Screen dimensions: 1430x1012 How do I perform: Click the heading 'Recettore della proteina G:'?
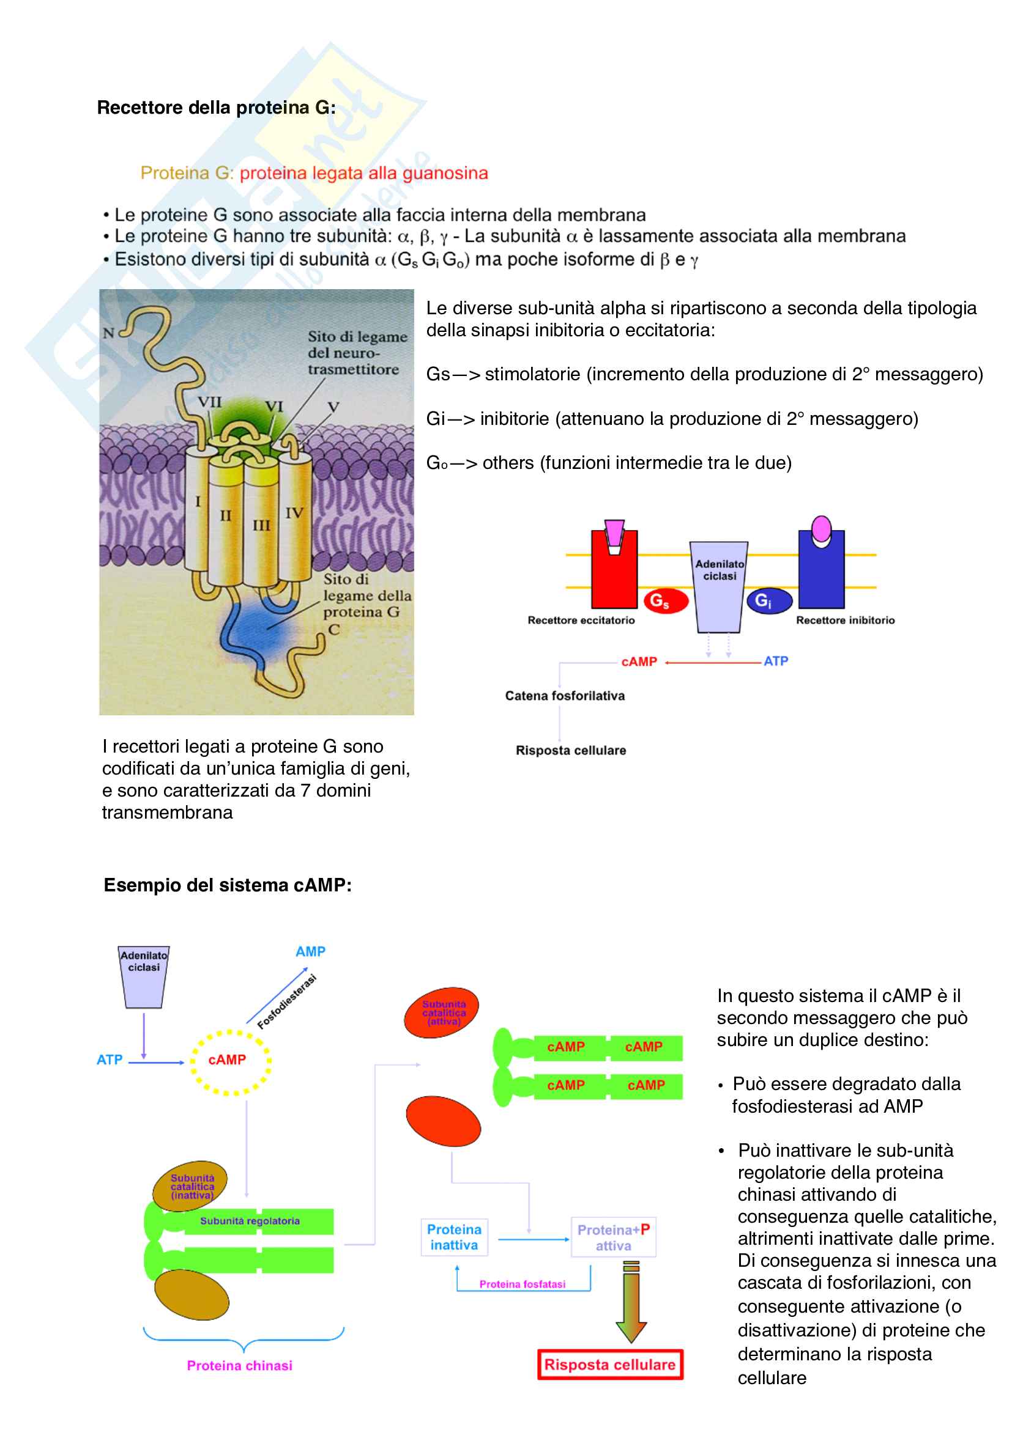[x=215, y=108]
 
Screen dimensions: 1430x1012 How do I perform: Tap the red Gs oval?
[x=666, y=601]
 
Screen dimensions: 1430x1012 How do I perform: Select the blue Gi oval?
[x=769, y=601]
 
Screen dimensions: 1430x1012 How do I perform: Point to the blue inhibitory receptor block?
[x=820, y=573]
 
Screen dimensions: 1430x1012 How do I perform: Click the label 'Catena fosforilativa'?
[x=565, y=696]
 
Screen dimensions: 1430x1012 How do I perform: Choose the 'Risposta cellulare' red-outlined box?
[x=610, y=1365]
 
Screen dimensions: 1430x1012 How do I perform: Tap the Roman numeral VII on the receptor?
[x=209, y=402]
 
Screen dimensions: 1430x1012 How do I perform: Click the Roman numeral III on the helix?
[x=261, y=526]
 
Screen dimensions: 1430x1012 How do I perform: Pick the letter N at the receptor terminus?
[x=108, y=333]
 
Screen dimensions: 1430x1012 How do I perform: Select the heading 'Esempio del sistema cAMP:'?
[x=228, y=885]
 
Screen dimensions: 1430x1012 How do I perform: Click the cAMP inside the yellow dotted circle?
[x=228, y=1060]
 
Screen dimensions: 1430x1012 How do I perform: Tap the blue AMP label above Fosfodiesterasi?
[x=310, y=952]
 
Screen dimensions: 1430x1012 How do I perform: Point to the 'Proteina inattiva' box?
[x=454, y=1237]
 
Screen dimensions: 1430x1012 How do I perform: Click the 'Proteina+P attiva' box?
[x=613, y=1237]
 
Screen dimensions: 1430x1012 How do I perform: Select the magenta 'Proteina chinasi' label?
[x=239, y=1365]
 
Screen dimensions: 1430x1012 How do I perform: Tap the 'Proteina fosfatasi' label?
[x=522, y=1284]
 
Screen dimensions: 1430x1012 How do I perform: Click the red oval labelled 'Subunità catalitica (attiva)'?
[x=442, y=1012]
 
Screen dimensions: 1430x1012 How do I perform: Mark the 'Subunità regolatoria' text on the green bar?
[x=249, y=1221]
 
